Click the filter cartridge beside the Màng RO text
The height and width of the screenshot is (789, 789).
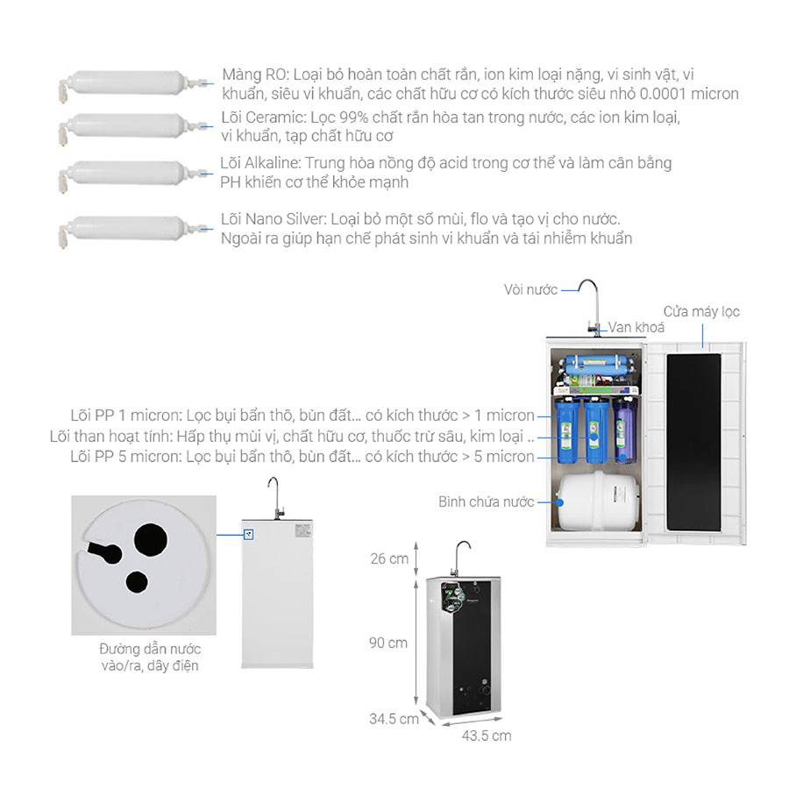click(133, 83)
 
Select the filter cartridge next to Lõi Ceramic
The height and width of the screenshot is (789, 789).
click(133, 126)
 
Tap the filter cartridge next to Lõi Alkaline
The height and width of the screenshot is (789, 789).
click(133, 174)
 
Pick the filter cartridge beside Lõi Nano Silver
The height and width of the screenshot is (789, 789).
click(133, 230)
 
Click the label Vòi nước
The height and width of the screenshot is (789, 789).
click(530, 290)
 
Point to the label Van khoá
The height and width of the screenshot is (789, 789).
click(636, 328)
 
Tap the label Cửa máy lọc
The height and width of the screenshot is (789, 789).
click(701, 312)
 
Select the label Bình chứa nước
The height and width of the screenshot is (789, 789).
click(486, 501)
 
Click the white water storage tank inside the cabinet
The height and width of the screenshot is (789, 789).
click(598, 501)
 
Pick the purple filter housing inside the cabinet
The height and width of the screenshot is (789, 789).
click(625, 431)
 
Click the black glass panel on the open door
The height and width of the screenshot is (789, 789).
click(694, 443)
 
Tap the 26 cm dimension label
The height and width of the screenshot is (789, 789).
click(389, 558)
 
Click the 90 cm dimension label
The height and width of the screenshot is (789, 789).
click(388, 643)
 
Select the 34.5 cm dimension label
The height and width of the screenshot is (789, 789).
click(394, 719)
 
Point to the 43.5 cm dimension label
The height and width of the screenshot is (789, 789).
click(487, 736)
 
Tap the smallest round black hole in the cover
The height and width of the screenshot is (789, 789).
click(137, 582)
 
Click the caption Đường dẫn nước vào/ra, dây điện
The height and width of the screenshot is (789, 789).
click(150, 657)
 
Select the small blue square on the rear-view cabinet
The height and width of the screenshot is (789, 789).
click(248, 535)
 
